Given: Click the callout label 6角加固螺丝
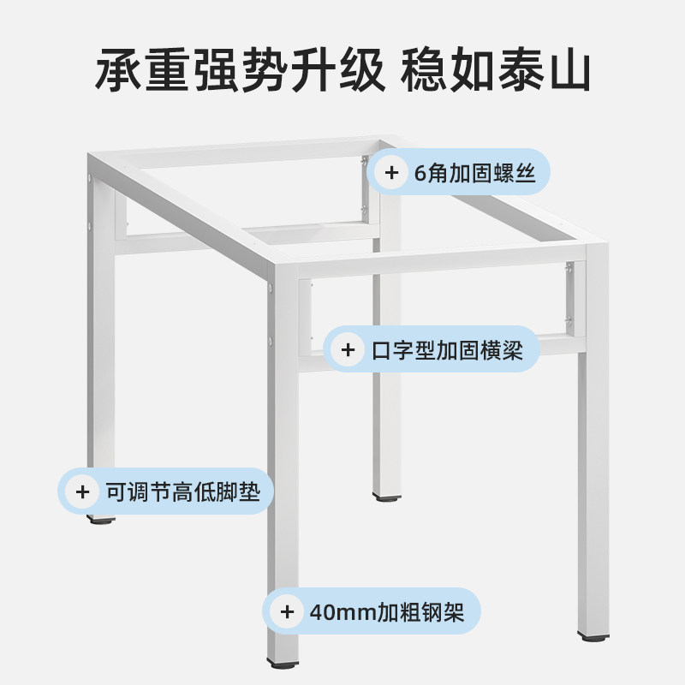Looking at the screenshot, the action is (474, 174).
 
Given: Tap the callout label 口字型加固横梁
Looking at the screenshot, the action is (447, 350).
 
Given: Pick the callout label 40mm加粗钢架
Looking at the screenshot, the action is (394, 611).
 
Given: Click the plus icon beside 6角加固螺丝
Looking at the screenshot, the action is (391, 174).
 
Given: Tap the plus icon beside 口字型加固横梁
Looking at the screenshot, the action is (348, 350).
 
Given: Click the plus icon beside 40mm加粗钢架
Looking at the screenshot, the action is (288, 611).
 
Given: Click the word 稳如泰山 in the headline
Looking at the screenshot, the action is (496, 71).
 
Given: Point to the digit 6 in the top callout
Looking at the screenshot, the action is (420, 174).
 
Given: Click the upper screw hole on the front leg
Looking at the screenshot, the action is (271, 290).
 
